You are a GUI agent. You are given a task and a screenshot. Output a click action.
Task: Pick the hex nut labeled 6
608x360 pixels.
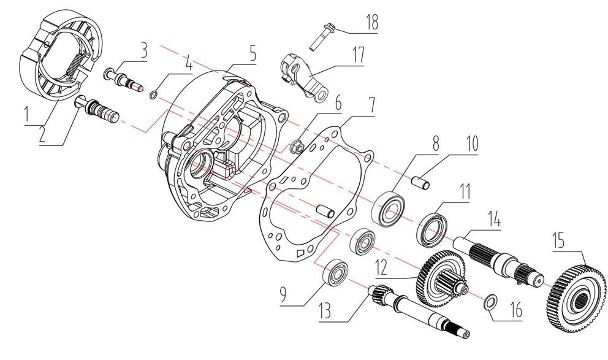(294, 146)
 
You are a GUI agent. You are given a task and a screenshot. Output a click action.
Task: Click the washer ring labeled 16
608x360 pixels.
(491, 302)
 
